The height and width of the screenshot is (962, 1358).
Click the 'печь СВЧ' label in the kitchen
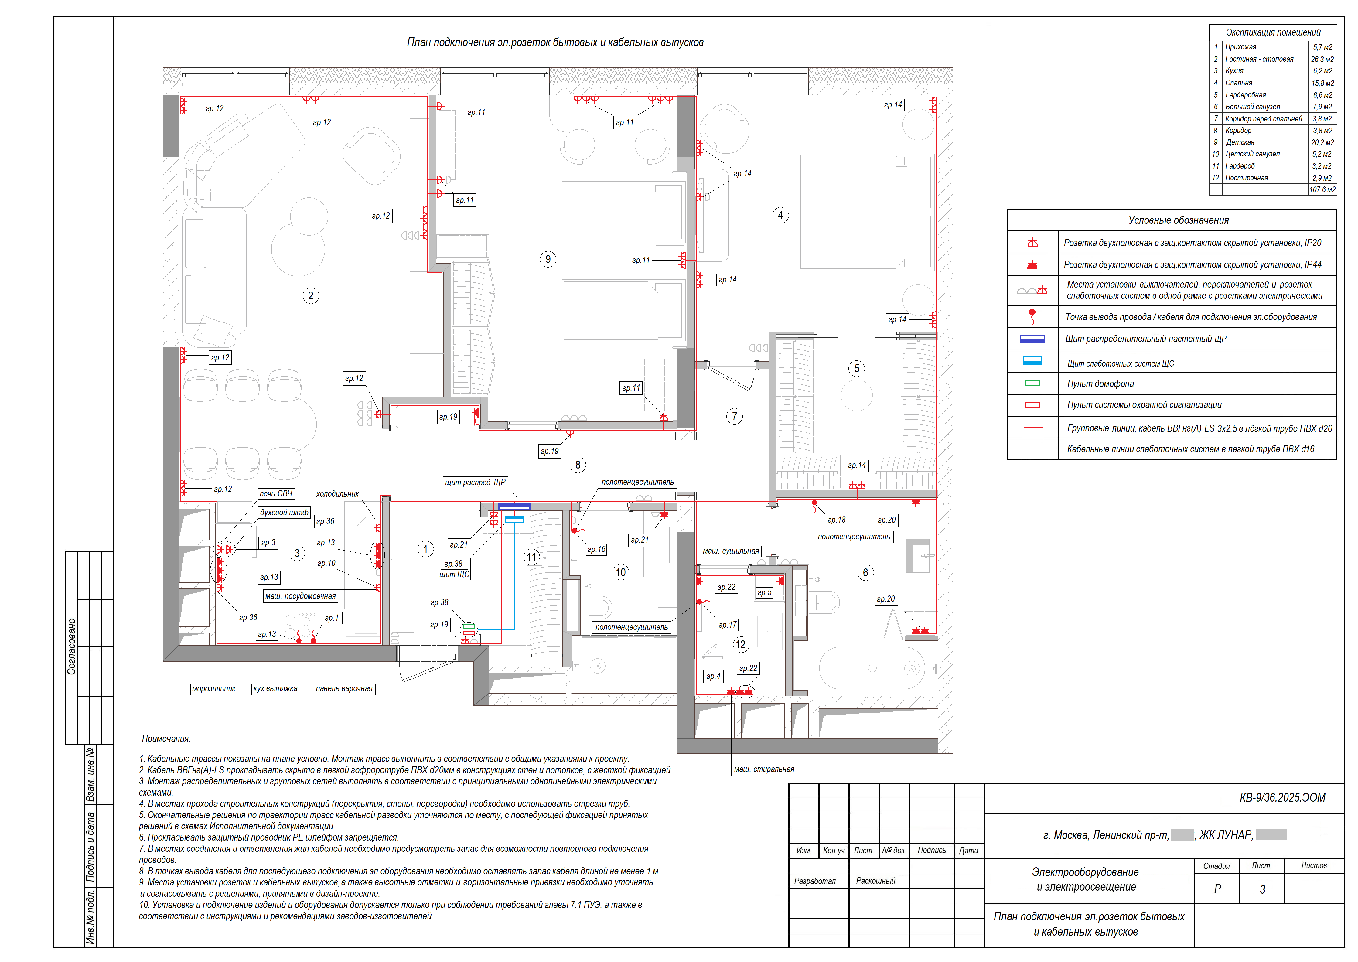(x=276, y=493)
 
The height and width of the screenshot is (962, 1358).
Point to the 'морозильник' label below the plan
(x=214, y=689)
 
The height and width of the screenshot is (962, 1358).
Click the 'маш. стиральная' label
(x=764, y=769)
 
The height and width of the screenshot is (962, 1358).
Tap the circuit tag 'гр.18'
(x=837, y=520)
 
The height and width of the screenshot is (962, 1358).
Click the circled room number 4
(x=780, y=215)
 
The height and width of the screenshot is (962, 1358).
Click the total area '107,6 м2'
(x=1322, y=189)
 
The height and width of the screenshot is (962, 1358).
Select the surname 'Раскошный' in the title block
(x=875, y=881)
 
